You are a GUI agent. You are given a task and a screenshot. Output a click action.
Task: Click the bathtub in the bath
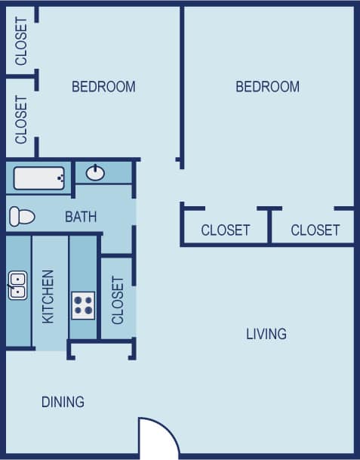coord(38,179)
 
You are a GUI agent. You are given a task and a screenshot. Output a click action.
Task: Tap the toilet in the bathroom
coord(22,217)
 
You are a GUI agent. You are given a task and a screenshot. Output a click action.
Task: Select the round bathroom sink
coord(96,173)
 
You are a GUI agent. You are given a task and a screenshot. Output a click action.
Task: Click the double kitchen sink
coord(17,286)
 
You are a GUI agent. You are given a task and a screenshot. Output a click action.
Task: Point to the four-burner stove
coord(83,305)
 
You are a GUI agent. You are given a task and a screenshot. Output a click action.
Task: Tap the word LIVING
coord(266,334)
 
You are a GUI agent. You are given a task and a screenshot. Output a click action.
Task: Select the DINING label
coord(63,402)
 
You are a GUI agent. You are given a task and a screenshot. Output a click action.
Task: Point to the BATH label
coord(81,217)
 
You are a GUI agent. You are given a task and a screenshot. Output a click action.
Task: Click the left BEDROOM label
coord(103,87)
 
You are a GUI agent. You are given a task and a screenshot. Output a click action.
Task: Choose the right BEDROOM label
coord(267,87)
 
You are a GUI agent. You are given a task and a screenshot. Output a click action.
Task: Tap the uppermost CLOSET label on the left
coord(21,41)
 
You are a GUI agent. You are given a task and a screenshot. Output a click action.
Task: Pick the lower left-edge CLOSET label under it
coord(21,119)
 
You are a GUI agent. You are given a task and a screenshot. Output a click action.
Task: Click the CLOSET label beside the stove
coord(118,300)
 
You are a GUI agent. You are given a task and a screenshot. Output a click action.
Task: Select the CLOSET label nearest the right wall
coord(315,230)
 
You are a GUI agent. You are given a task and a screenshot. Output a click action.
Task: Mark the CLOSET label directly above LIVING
coord(225,230)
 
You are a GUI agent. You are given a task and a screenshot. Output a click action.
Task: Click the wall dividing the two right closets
coord(269,226)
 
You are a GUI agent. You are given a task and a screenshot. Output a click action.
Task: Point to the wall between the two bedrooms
coord(182,83)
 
